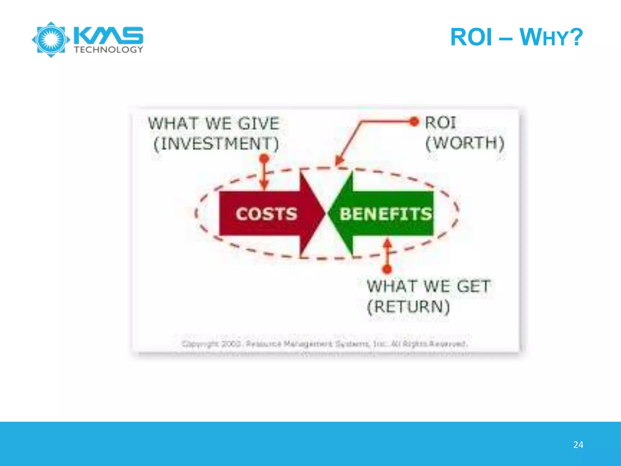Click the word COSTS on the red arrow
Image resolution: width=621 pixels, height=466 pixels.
[266, 214]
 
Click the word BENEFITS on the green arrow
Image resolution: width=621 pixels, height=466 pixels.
[385, 214]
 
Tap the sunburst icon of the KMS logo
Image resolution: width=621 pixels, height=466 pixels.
[51, 40]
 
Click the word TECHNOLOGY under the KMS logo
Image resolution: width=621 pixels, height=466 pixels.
[108, 50]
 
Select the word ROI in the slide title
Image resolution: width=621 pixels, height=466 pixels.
[471, 37]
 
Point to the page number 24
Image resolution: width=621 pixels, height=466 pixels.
[578, 445]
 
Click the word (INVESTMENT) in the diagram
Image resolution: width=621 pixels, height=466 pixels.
[216, 144]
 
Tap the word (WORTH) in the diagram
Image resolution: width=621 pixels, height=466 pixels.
[465, 143]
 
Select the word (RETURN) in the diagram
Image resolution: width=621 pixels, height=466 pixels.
[408, 306]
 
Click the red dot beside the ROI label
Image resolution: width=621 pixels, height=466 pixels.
[414, 122]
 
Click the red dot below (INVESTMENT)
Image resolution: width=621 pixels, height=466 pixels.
[264, 158]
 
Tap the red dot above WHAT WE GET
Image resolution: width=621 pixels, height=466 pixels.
[387, 269]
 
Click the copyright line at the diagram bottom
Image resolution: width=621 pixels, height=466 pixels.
[324, 344]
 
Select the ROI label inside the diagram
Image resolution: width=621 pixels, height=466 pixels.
[440, 123]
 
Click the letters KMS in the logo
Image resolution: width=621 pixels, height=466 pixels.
[108, 35]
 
